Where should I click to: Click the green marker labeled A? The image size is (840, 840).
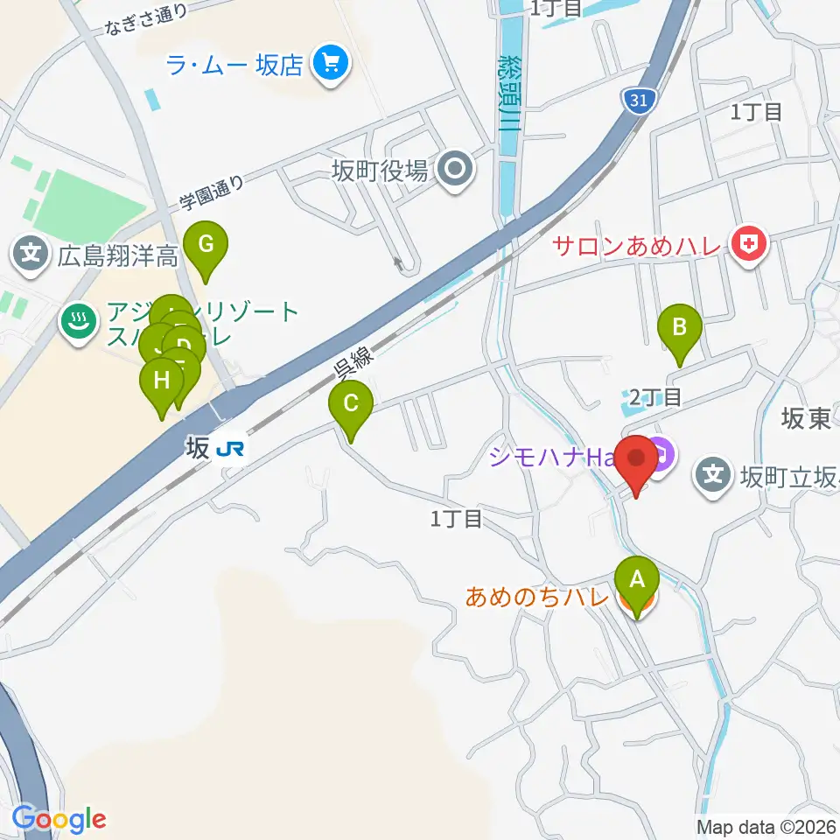point(637,579)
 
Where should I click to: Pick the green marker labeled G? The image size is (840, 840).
point(206,244)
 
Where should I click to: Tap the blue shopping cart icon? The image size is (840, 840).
point(332,64)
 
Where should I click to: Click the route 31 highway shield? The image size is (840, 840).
point(639,101)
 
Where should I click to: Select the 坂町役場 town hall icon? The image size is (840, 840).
point(455,169)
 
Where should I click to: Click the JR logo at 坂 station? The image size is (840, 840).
point(230,449)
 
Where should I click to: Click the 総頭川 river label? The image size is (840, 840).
point(508,92)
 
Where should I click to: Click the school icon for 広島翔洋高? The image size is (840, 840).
point(31,255)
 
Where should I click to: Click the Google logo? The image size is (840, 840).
point(59,819)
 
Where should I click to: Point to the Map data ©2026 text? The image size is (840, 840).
point(766,827)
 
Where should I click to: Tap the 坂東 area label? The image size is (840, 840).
point(806,419)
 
